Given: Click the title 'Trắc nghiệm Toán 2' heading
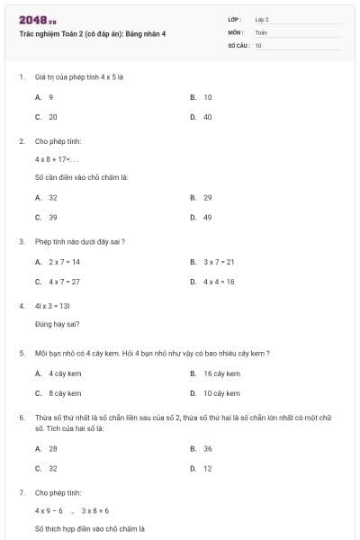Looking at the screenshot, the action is (x=92, y=33).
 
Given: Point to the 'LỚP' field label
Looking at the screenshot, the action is (x=235, y=19).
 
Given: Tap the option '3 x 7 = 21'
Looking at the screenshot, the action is (x=218, y=262).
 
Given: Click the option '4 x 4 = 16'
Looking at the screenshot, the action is (x=218, y=282).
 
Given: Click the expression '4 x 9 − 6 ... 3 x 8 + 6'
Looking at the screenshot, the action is (x=72, y=510).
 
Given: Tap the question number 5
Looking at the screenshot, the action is (x=22, y=354).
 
